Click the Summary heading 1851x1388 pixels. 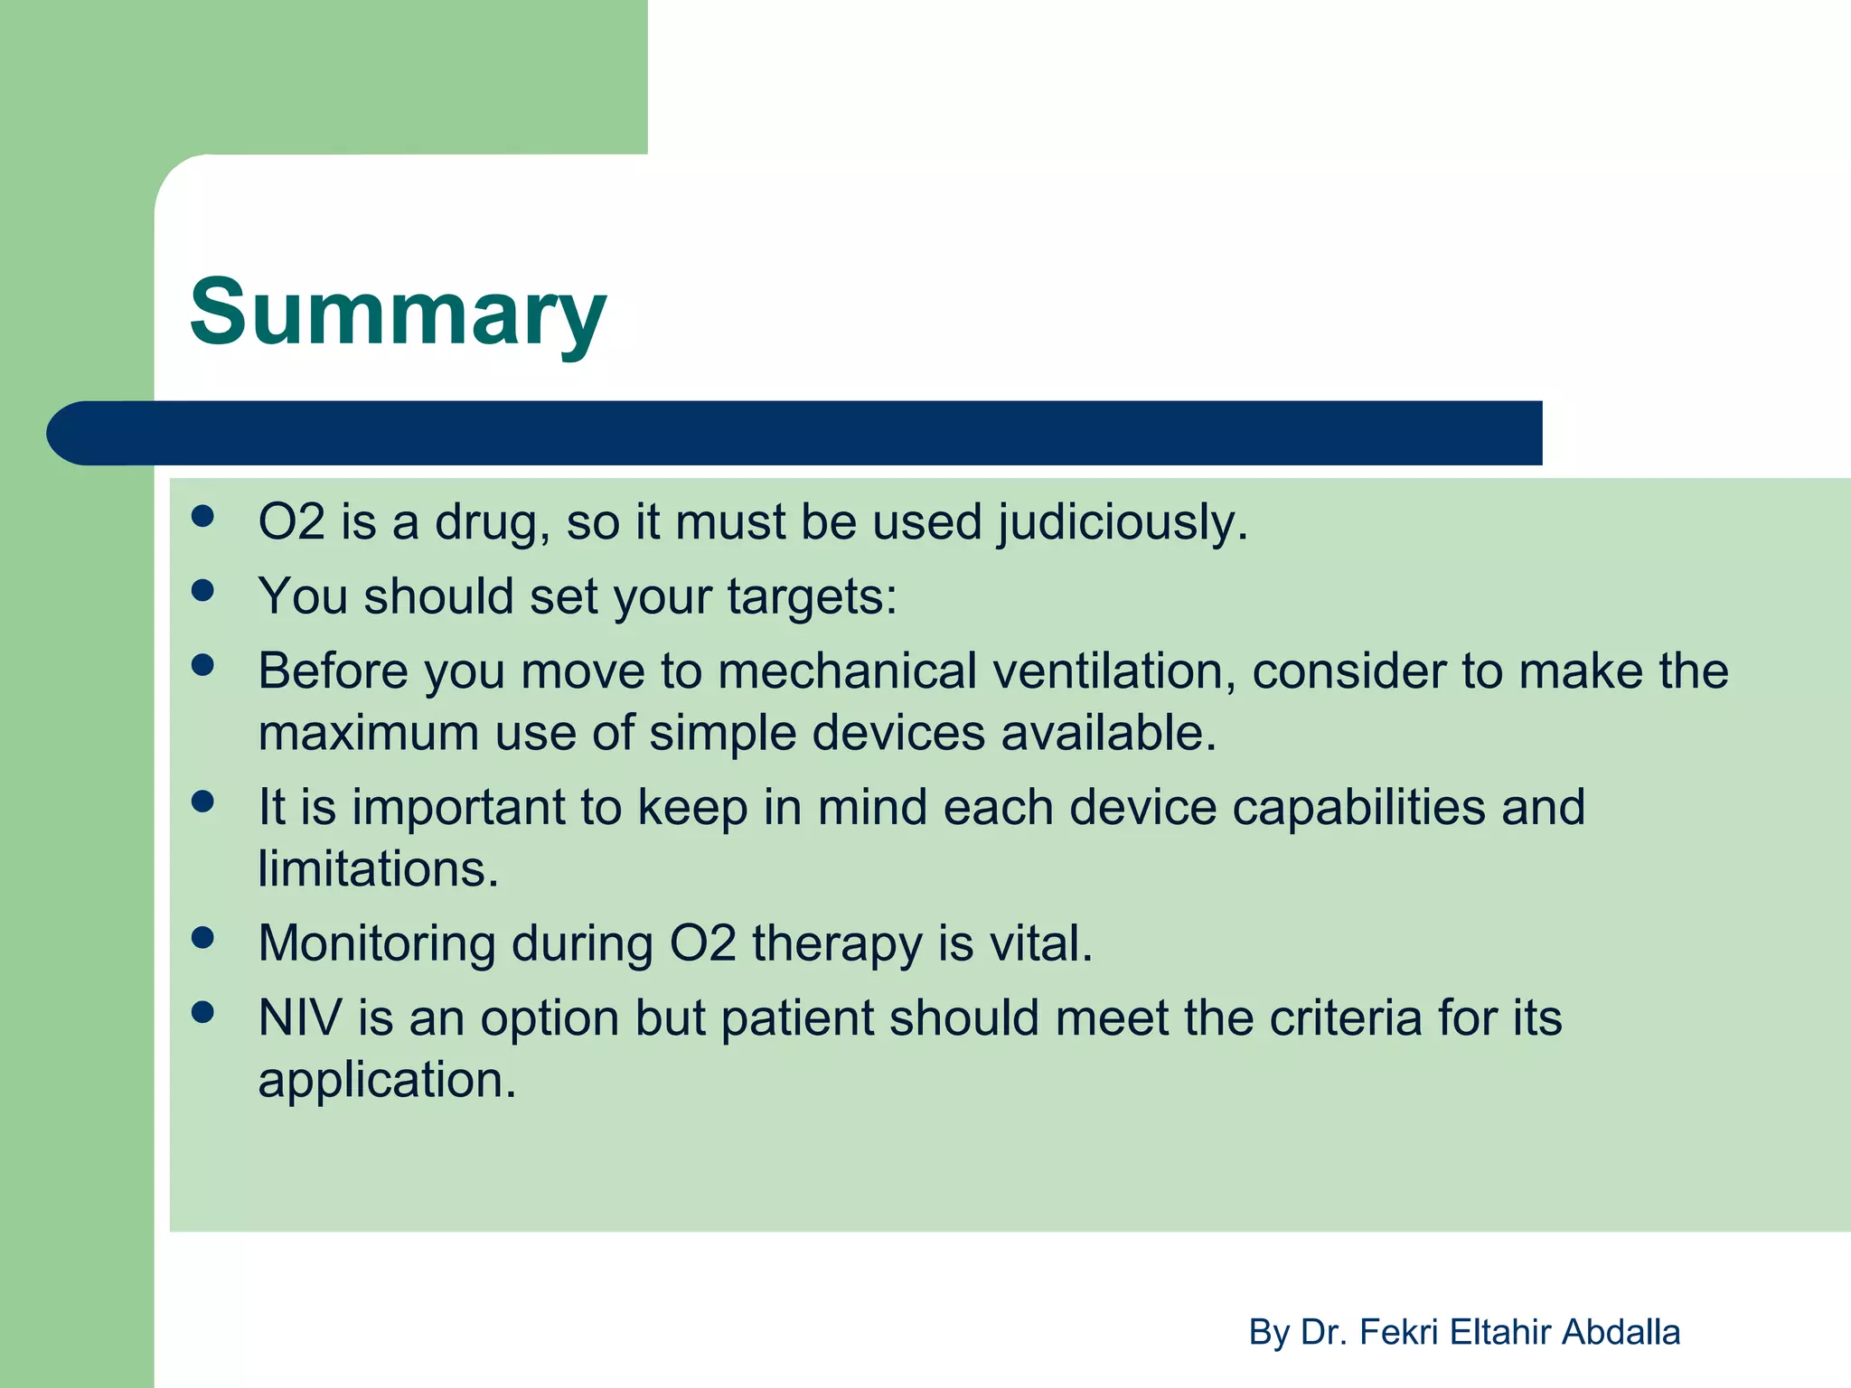[398, 312]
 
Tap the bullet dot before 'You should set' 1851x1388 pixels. [203, 591]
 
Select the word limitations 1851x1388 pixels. [378, 869]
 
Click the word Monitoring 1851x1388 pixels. [376, 944]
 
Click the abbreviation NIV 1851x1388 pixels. [300, 1018]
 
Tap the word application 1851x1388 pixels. [387, 1081]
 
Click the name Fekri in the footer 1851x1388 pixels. [1399, 1332]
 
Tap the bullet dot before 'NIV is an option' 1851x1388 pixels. [203, 1012]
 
